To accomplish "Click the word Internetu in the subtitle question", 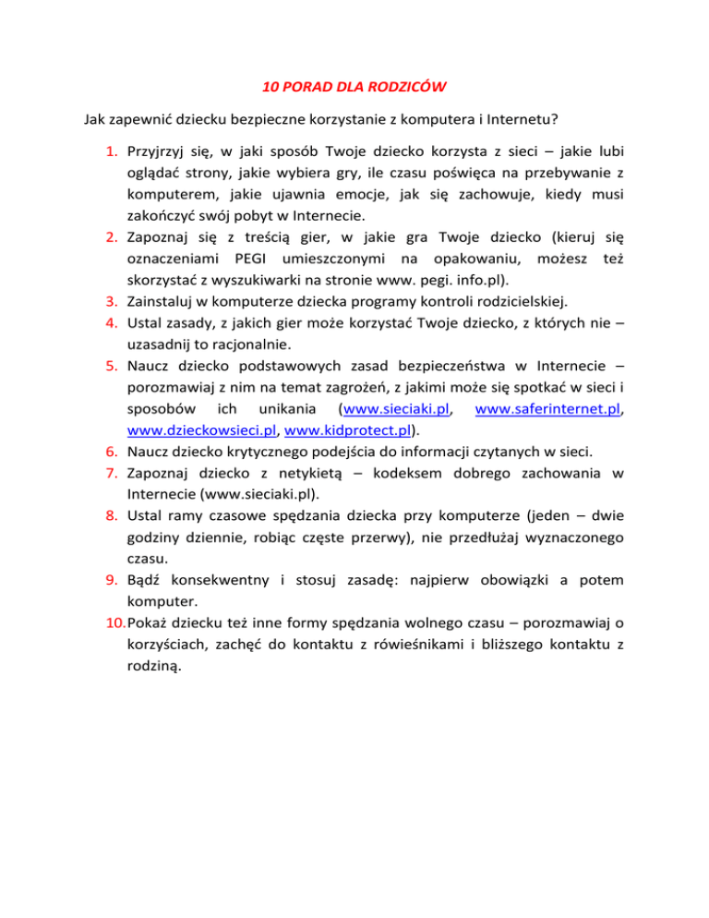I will [x=492, y=120].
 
